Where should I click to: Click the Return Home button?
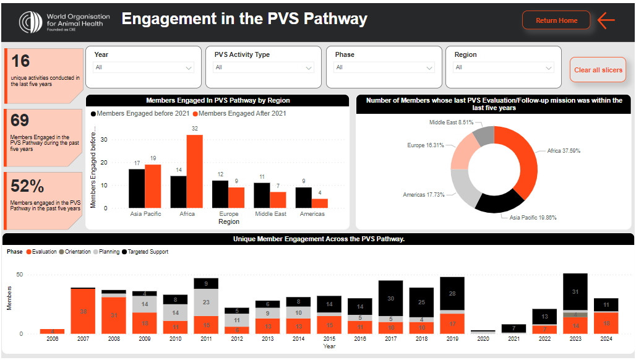pos(556,20)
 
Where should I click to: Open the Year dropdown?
pos(144,67)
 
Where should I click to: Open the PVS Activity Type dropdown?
pos(264,67)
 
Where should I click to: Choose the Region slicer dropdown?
pos(504,67)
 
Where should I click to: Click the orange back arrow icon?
pos(606,20)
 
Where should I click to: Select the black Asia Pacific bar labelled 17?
pos(137,188)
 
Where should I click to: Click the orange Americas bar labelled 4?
pos(320,203)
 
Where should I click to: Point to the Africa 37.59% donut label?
pos(564,150)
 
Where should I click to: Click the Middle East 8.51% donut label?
pos(451,122)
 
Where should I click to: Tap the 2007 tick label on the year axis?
pos(83,340)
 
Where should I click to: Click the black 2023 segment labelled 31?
pos(575,292)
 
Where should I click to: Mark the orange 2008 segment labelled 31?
pos(113,315)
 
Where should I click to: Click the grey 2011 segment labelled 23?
pos(205,302)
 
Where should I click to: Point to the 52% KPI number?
pos(28,186)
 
